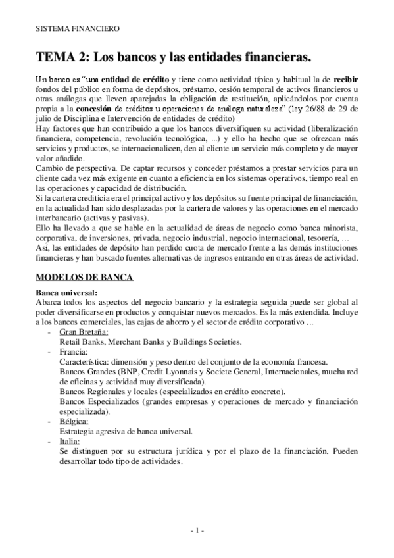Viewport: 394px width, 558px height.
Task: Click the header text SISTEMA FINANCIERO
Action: tap(78, 28)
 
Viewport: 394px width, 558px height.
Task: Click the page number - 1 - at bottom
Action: tap(197, 529)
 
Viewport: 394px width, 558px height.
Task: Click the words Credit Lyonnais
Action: tap(164, 372)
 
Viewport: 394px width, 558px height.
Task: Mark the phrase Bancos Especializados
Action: tap(99, 401)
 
